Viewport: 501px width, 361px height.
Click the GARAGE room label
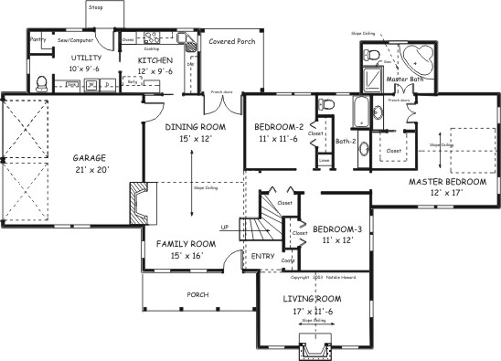89,157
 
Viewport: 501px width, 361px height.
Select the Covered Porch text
231,42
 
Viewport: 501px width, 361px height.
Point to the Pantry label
37,40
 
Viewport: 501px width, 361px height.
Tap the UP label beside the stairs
225,226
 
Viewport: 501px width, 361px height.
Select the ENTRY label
262,257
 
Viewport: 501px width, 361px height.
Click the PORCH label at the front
197,294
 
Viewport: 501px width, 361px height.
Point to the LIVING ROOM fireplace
314,347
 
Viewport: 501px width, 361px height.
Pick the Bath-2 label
344,141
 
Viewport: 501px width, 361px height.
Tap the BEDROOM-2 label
278,125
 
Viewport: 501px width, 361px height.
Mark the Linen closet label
324,161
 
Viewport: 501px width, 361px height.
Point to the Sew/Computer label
76,41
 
